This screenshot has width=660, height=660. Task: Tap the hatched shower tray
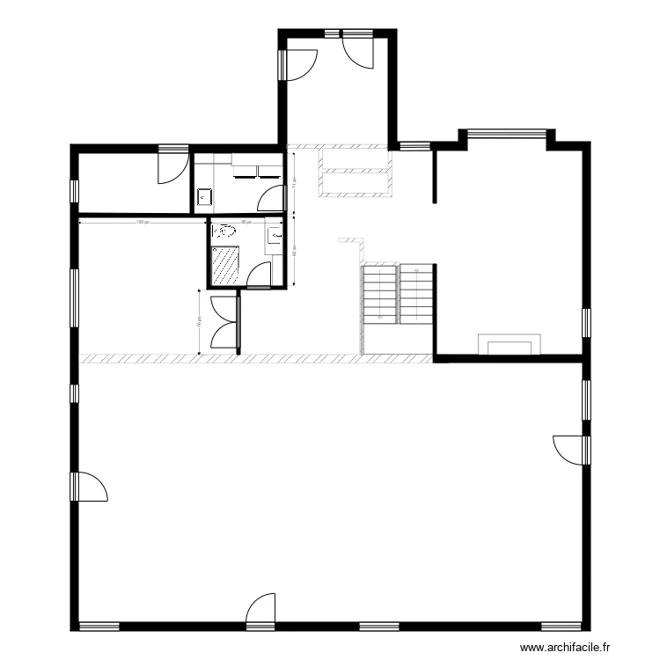[x=226, y=265]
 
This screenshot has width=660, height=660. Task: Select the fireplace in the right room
[x=509, y=343]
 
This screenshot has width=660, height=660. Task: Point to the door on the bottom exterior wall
[x=262, y=611]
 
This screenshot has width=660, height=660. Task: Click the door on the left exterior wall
[x=90, y=487]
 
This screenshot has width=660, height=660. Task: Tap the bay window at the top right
[x=506, y=134]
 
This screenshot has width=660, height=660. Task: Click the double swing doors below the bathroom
[x=225, y=324]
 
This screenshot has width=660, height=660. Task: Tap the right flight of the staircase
[x=417, y=291]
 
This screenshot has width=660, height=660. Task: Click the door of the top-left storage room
[x=172, y=166]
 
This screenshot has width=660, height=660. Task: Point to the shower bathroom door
[x=260, y=276]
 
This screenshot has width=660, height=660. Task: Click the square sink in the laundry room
[x=205, y=197]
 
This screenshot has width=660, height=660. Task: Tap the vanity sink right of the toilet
[x=275, y=235]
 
